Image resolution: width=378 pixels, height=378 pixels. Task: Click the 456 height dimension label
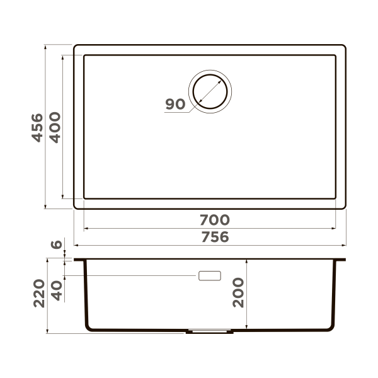tap(37, 127)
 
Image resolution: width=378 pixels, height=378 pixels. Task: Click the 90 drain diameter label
tap(176, 105)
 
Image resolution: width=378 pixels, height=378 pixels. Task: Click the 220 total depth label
tap(37, 294)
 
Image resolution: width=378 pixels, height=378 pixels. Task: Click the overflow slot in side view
tap(210, 275)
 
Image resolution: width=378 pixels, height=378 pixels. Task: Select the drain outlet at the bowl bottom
tap(210, 329)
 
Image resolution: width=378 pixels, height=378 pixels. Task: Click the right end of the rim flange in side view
tap(345, 259)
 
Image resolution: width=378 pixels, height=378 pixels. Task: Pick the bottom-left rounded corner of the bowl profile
tap(88, 328)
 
